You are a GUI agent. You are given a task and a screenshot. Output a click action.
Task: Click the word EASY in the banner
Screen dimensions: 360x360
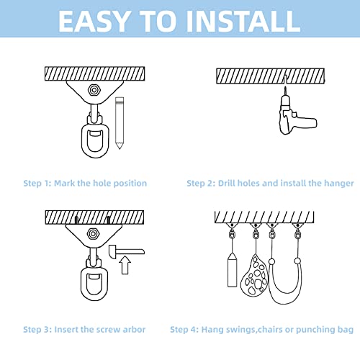94,21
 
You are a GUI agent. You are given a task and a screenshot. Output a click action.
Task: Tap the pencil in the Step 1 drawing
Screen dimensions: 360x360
120,123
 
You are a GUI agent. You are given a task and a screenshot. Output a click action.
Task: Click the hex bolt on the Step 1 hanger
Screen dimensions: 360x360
94,90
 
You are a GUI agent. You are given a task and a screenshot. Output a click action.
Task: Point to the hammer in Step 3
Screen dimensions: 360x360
126,251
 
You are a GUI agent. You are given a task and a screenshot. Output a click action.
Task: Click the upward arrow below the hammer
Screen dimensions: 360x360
125,265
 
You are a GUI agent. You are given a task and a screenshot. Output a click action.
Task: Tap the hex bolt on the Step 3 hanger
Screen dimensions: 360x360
92,233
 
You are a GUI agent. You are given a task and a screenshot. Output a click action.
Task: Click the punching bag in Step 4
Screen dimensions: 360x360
232,269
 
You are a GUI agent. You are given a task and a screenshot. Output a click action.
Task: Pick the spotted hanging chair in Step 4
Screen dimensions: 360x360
254,275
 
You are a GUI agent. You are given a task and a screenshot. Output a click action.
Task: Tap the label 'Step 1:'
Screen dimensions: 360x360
37,184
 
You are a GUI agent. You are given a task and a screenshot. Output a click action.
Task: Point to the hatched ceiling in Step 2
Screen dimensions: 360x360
270,76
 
